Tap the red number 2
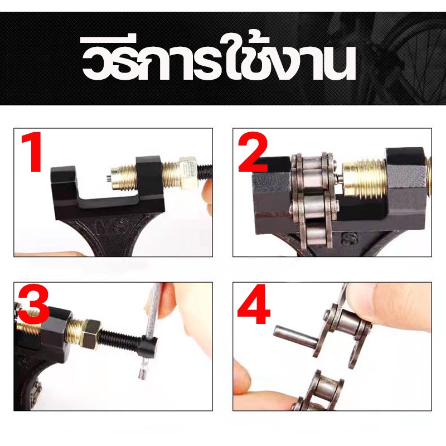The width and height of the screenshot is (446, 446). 253,152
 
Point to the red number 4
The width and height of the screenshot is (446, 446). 254,304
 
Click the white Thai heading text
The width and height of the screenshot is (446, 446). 219,59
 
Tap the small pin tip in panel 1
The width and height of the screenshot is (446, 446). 109,179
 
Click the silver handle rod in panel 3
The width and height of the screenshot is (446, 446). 150,328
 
